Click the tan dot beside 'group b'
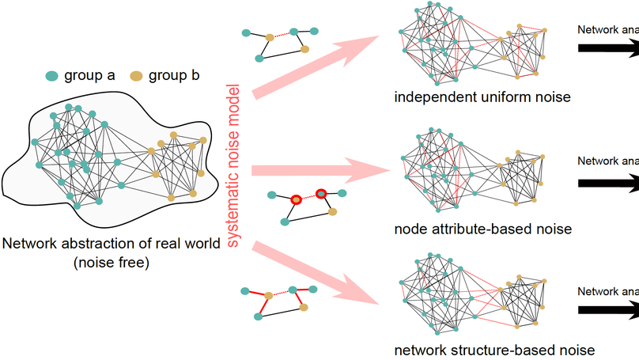(x=137, y=76)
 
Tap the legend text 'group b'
(x=175, y=76)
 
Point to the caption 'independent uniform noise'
(x=481, y=98)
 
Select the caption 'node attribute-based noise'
(x=482, y=229)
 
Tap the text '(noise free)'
(x=112, y=261)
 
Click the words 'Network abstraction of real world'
(x=112, y=243)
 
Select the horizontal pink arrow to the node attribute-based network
(x=316, y=169)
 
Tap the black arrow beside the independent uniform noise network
(x=609, y=49)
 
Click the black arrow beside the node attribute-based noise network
(x=609, y=181)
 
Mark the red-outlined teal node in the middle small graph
(x=322, y=193)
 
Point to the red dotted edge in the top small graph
(x=282, y=35)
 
